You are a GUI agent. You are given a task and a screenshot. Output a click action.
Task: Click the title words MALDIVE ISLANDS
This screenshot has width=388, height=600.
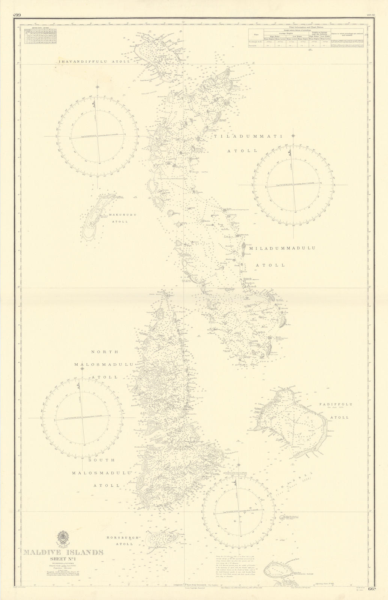[63, 552]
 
